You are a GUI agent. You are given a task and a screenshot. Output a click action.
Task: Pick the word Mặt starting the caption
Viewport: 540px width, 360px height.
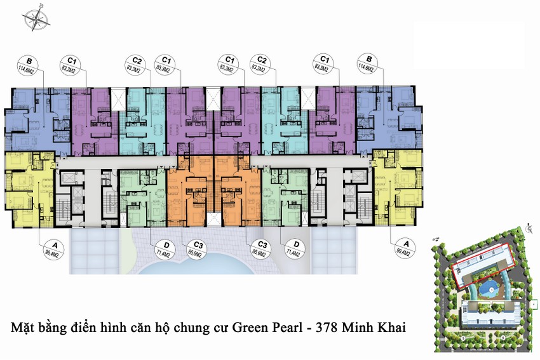coord(24,329)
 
